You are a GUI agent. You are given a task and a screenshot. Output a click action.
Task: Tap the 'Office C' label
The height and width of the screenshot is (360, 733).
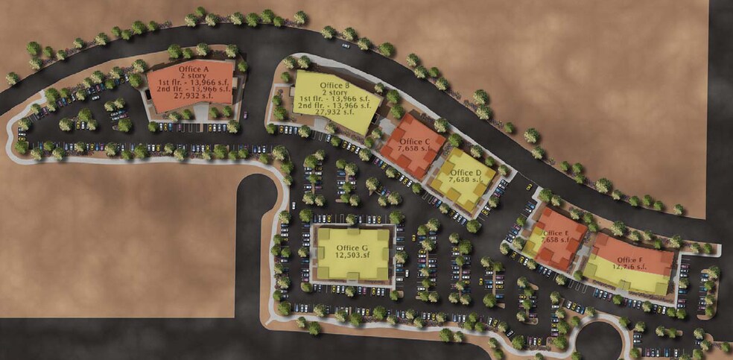click(x=415, y=142)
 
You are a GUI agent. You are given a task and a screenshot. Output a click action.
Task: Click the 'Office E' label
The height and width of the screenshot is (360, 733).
click(x=556, y=233)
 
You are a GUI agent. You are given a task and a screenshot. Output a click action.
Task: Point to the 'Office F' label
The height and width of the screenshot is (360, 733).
click(x=630, y=259)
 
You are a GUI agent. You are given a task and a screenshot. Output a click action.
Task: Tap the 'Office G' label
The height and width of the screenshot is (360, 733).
click(x=352, y=247)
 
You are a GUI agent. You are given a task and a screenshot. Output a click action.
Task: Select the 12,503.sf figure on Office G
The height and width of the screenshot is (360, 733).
click(x=352, y=255)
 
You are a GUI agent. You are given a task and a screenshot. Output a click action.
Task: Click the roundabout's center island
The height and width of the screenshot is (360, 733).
click(x=600, y=344)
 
